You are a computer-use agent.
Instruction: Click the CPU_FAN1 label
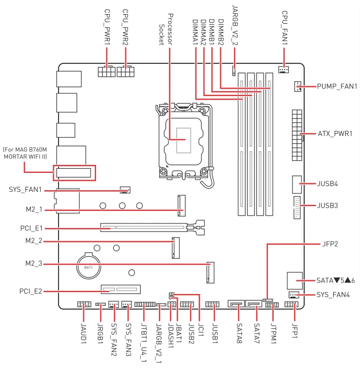285,27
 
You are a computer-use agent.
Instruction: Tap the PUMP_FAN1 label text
337,86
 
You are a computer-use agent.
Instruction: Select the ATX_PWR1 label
335,134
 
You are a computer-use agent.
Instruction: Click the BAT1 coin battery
89,266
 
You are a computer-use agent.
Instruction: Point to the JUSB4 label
327,183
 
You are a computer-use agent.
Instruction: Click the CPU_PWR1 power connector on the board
106,71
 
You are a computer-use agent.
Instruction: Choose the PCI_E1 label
31,228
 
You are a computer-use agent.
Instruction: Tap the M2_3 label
34,264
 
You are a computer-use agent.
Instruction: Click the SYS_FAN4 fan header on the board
294,295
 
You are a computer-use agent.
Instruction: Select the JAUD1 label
83,333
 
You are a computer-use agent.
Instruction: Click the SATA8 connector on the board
236,304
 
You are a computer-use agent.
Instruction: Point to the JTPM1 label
273,333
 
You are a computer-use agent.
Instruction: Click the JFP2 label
330,244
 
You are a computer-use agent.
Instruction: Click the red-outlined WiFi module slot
74,173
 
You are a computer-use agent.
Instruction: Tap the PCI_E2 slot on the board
121,289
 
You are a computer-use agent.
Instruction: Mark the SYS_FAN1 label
25,189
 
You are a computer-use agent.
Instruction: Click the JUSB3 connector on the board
297,208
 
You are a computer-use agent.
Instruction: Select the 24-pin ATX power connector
297,135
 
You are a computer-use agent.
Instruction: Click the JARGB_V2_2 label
235,25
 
